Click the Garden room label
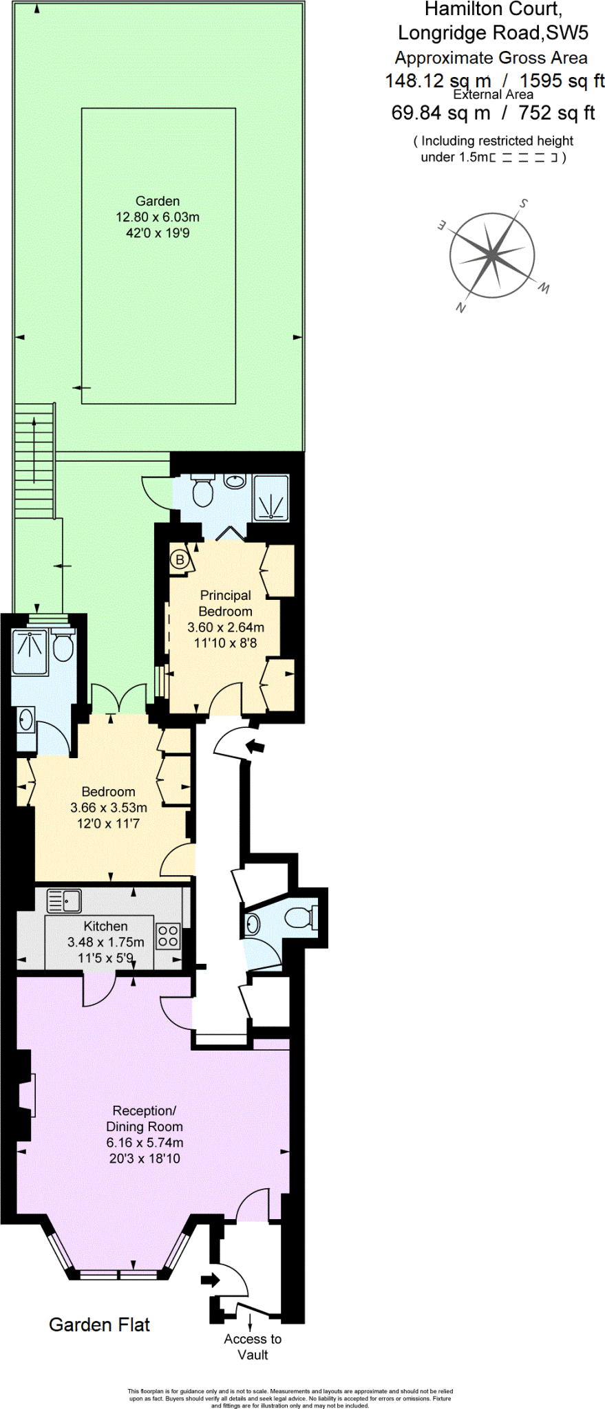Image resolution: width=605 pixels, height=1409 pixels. coord(158,201)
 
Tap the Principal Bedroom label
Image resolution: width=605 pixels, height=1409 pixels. coord(225,603)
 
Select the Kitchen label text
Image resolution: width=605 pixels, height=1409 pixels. coord(105,926)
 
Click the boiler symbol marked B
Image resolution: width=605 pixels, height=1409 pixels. coord(180,559)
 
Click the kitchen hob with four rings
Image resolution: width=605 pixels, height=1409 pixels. coord(168,936)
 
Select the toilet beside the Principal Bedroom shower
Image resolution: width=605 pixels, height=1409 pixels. coord(202,491)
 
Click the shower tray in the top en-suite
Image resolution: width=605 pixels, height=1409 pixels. coord(270,497)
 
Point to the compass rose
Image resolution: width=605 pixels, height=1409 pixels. coord(491,255)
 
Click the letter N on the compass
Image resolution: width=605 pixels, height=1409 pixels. coord(460,308)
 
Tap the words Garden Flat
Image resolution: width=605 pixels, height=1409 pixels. coord(99,1324)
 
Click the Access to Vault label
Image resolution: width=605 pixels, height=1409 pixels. coord(253,1346)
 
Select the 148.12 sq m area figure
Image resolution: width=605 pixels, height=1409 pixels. coord(438,80)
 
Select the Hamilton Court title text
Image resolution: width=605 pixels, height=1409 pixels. coord(493,10)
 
